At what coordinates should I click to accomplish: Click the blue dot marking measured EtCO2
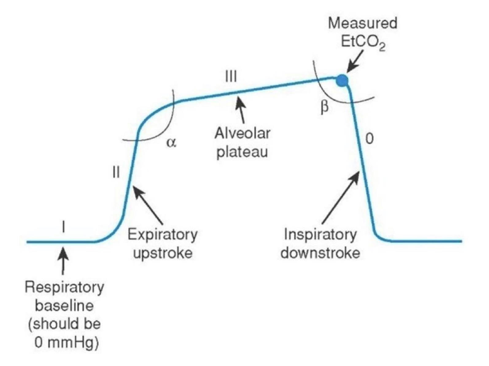342,81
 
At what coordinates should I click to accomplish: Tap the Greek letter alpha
171,143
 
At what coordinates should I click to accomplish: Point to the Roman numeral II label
116,172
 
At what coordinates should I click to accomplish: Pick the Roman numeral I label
63,227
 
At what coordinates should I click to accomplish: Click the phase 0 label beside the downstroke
370,139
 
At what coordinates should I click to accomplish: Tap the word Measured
363,23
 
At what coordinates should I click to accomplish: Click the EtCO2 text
363,42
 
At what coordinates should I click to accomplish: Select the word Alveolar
242,133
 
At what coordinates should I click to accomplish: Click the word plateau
242,152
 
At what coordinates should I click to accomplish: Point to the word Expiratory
162,235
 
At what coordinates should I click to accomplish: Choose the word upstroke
162,253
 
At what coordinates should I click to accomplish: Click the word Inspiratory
320,235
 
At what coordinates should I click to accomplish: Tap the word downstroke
320,253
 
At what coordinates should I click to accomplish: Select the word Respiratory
64,287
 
